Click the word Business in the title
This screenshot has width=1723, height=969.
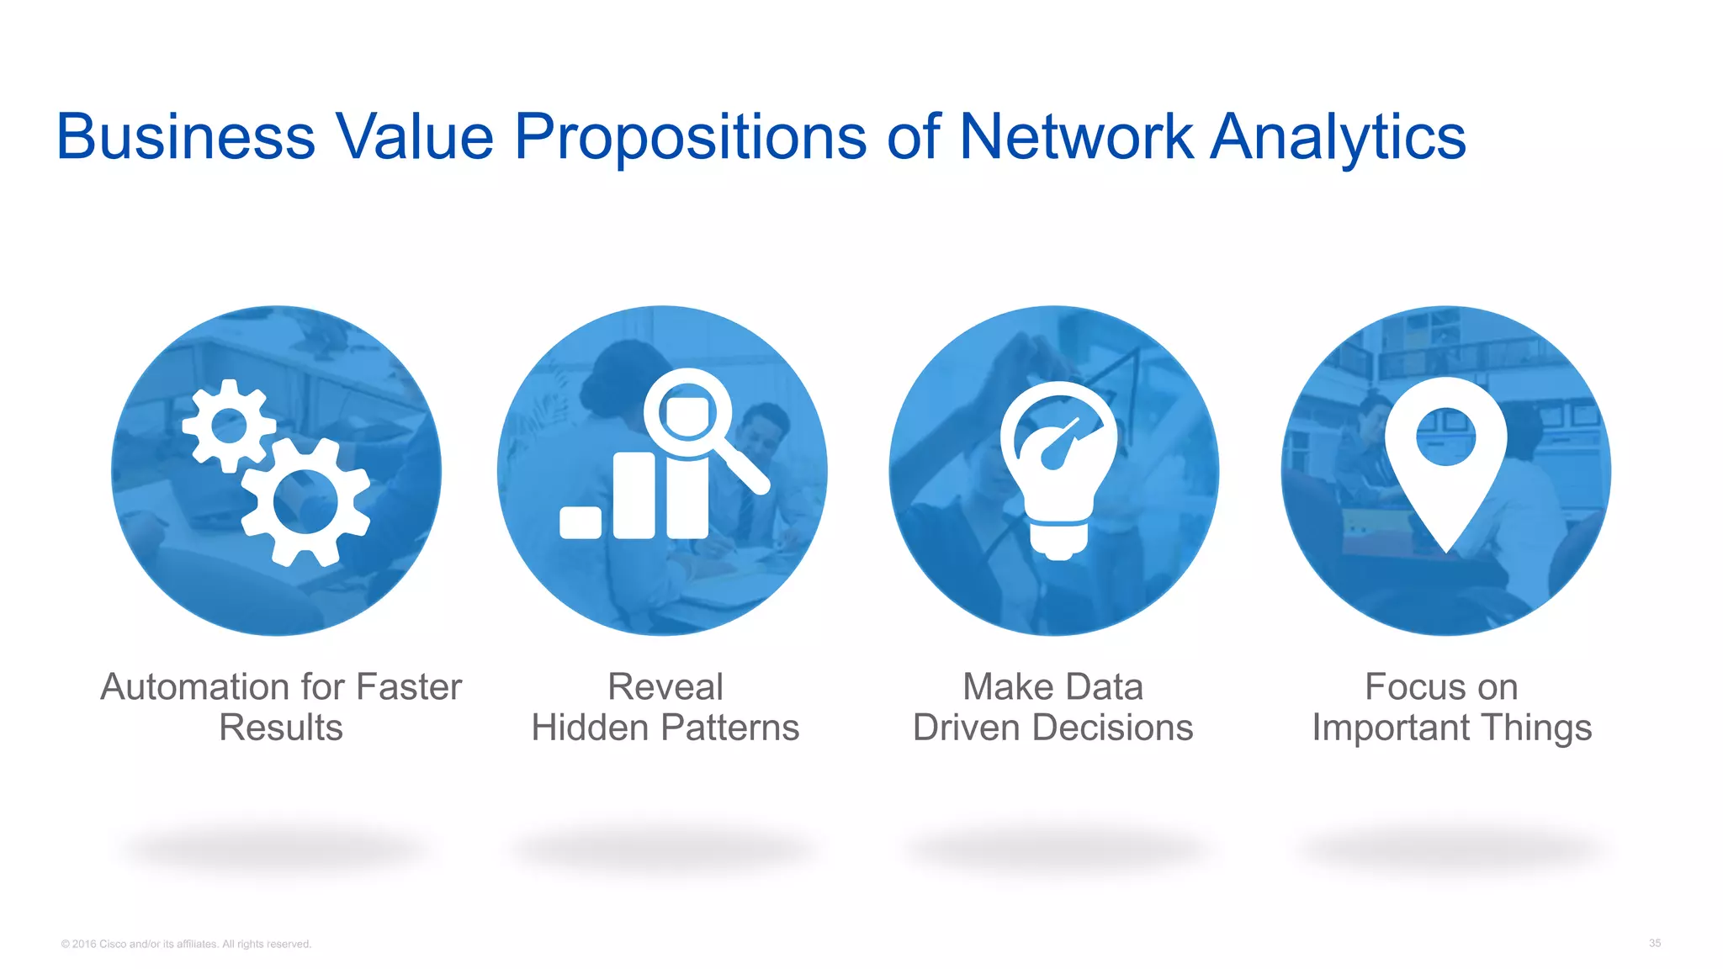(x=185, y=136)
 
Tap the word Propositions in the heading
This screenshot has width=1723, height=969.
(x=690, y=138)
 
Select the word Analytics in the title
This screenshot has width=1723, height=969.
(x=1338, y=138)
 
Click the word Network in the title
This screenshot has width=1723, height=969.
(x=1075, y=136)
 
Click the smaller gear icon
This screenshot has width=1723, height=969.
(x=228, y=425)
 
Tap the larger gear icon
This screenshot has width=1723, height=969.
(x=305, y=502)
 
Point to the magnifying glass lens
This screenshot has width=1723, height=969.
(x=687, y=411)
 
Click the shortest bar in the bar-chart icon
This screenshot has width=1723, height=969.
(x=581, y=522)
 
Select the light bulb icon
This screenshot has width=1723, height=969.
(x=1058, y=468)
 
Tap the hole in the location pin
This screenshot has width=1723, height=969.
(x=1445, y=437)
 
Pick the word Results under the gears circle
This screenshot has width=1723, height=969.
(x=281, y=728)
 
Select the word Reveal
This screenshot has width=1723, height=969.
(x=665, y=687)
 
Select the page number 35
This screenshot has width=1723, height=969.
(x=1654, y=943)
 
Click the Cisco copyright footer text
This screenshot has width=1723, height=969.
(x=186, y=944)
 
